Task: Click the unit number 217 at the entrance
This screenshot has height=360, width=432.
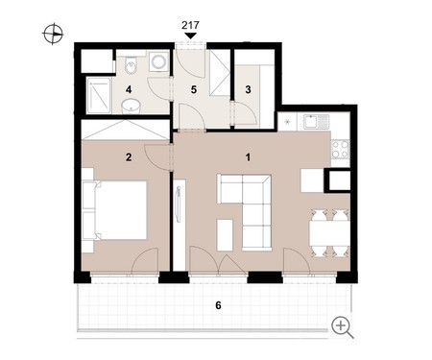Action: (x=190, y=25)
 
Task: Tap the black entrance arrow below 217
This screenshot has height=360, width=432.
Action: (x=190, y=36)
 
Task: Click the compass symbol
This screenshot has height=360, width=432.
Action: (x=53, y=34)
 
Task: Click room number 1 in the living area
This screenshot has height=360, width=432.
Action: (x=248, y=157)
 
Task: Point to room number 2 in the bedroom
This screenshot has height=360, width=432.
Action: (x=129, y=157)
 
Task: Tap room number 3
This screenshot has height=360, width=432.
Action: (x=248, y=89)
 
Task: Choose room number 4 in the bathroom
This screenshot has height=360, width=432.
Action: (x=129, y=89)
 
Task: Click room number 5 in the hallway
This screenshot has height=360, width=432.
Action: (x=194, y=89)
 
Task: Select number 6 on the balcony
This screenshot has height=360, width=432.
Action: (x=218, y=305)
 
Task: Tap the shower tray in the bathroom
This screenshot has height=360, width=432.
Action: (x=99, y=95)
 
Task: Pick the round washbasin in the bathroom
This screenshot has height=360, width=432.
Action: (x=131, y=106)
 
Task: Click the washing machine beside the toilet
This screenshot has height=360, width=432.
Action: (x=159, y=61)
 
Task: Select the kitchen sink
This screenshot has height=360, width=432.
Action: (x=316, y=121)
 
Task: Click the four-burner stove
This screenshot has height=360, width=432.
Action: (x=340, y=150)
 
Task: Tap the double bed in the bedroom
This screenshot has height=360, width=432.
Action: (x=114, y=210)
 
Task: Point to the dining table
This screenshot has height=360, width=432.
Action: (x=329, y=232)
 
